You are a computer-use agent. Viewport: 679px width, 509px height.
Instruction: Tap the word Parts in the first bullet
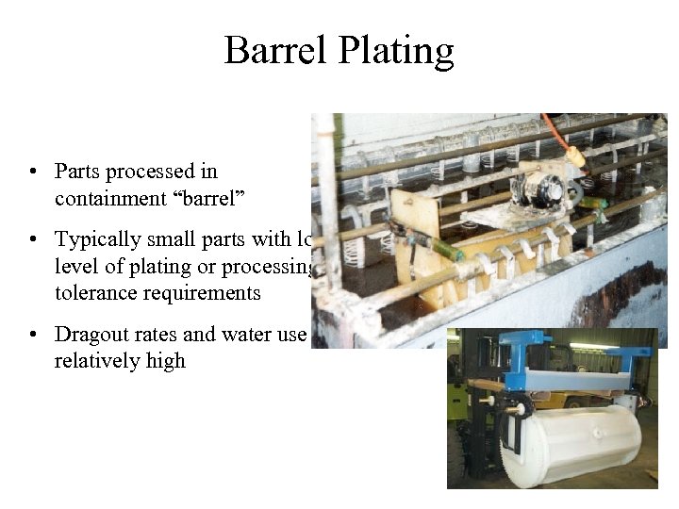tap(77, 172)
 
